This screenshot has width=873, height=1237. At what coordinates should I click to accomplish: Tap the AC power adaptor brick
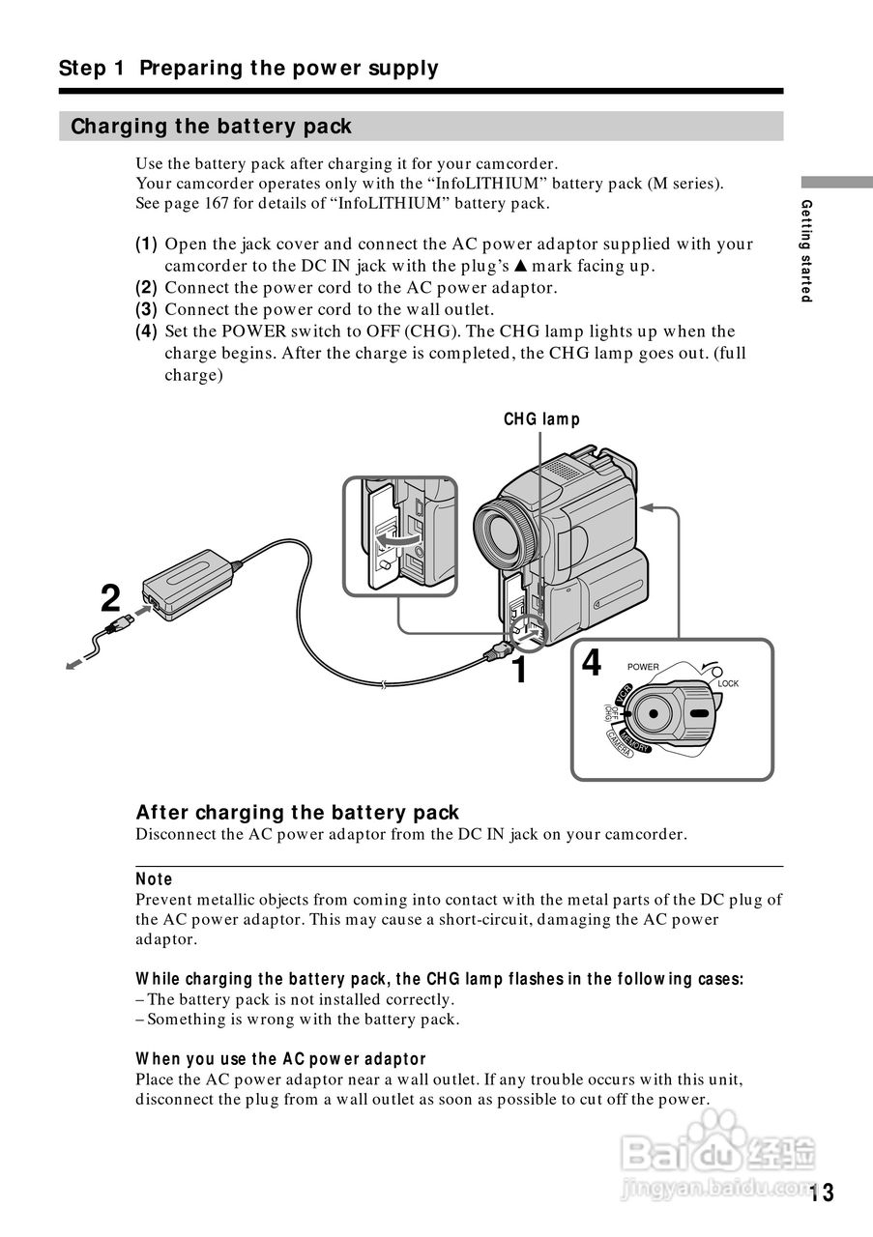pyautogui.click(x=189, y=583)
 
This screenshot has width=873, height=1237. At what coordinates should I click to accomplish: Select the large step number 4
pyautogui.click(x=592, y=664)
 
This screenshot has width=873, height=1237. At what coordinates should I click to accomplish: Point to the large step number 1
pyautogui.click(x=519, y=669)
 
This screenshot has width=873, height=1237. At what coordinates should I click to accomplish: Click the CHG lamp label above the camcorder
pyautogui.click(x=541, y=419)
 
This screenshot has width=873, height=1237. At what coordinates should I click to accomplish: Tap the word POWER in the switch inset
pyautogui.click(x=643, y=667)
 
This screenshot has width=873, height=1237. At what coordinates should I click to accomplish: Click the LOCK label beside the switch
pyautogui.click(x=728, y=683)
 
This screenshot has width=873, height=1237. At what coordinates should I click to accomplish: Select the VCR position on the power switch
pyautogui.click(x=624, y=692)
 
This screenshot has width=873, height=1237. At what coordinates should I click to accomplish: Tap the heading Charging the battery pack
pyautogui.click(x=211, y=127)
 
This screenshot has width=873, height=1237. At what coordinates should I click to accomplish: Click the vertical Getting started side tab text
pyautogui.click(x=806, y=250)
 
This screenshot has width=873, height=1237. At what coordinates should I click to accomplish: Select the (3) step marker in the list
pyautogui.click(x=146, y=309)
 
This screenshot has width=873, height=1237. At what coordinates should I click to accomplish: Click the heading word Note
pyautogui.click(x=154, y=878)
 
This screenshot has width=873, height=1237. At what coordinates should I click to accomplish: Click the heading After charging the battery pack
pyautogui.click(x=297, y=813)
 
